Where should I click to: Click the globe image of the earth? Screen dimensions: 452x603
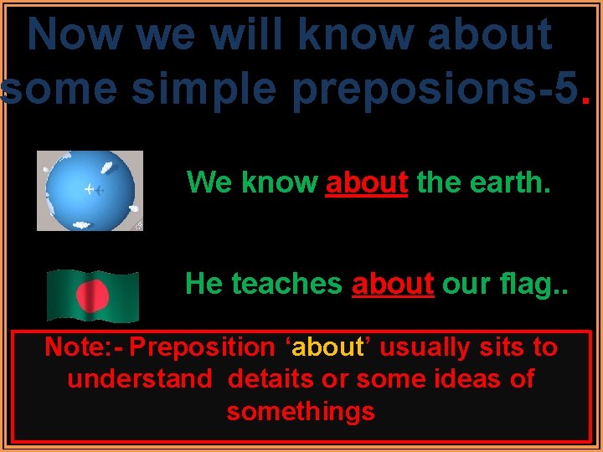[x=90, y=190]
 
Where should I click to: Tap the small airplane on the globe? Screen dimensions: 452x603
[x=95, y=190]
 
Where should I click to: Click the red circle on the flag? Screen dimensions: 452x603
[x=92, y=295]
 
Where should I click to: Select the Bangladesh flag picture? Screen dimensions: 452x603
[x=92, y=295]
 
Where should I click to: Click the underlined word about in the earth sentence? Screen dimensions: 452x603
[x=367, y=182]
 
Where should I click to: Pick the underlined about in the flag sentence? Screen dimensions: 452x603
[x=393, y=284]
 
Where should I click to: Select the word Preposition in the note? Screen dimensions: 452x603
[x=202, y=347]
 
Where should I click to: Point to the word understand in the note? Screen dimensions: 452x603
[x=140, y=379]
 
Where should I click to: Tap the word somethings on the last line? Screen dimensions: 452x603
[x=301, y=411]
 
